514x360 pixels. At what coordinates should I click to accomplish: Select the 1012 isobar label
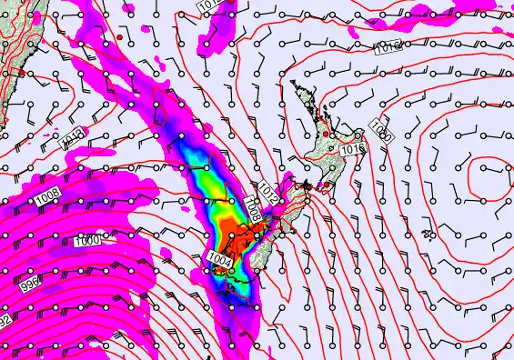point(267,191)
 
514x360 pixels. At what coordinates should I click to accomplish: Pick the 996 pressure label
point(29,285)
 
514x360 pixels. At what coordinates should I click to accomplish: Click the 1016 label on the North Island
point(353,148)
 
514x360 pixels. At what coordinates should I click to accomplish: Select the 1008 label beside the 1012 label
point(254,210)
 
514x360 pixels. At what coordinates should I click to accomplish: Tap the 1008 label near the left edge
point(47,194)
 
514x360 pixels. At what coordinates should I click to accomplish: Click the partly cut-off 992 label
point(5,321)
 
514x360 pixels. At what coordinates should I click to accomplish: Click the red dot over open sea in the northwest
point(120,36)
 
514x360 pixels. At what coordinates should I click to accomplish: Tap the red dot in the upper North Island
point(327,123)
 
